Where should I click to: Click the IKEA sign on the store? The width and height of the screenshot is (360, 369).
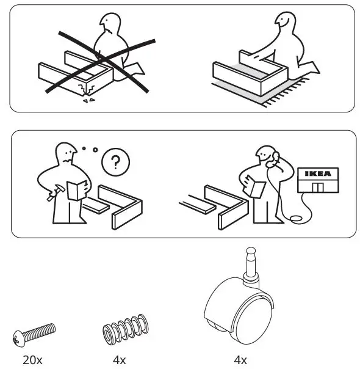[x=318, y=174]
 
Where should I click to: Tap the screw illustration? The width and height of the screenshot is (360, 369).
[x=34, y=334]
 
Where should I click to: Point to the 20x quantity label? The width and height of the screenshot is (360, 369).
[x=32, y=360]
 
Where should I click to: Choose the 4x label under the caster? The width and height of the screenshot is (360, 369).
[x=240, y=360]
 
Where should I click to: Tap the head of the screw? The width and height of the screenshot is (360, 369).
[x=18, y=337]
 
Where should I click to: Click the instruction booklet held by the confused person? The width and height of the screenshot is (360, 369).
[x=76, y=190]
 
